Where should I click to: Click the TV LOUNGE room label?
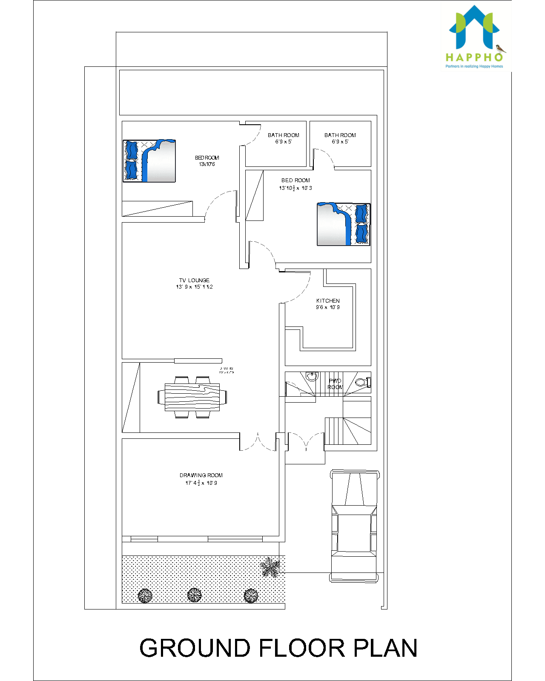[194, 280]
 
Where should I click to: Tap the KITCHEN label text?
[328, 300]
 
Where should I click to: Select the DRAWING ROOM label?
[201, 475]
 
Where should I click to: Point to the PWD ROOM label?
[335, 384]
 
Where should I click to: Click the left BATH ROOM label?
[284, 135]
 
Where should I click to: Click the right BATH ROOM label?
[340, 135]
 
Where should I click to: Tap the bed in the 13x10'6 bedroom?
[149, 161]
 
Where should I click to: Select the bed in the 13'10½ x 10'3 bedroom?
[344, 224]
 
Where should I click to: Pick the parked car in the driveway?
[354, 526]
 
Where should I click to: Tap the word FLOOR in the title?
[302, 648]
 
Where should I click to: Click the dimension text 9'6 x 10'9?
[328, 307]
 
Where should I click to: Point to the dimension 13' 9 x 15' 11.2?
[195, 287]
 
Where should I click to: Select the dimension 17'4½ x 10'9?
[201, 483]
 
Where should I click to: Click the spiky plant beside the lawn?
[270, 567]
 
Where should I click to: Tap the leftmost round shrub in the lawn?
[145, 595]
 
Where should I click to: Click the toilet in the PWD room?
[361, 382]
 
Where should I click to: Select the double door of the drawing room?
[258, 443]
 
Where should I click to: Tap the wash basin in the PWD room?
[312, 376]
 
